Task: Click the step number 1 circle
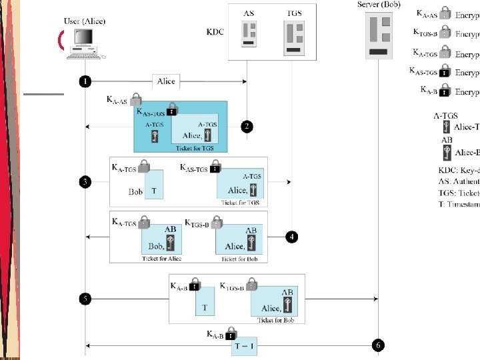pos(85,81)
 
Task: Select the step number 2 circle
pos(247,127)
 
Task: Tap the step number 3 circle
pos(85,181)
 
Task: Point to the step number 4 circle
pos(291,237)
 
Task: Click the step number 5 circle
pos(85,299)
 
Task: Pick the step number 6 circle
pos(378,345)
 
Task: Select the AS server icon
pos(249,34)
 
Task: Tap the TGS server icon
pos(293,36)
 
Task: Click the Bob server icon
pos(378,37)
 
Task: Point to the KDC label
pos(217,31)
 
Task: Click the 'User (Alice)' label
pos(85,21)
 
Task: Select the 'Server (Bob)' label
pos(379,5)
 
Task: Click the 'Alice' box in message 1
pos(166,81)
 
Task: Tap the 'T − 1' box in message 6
pos(244,347)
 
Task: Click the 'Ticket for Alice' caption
pos(161,259)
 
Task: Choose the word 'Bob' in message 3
pos(135,192)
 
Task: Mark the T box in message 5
pos(205,301)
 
